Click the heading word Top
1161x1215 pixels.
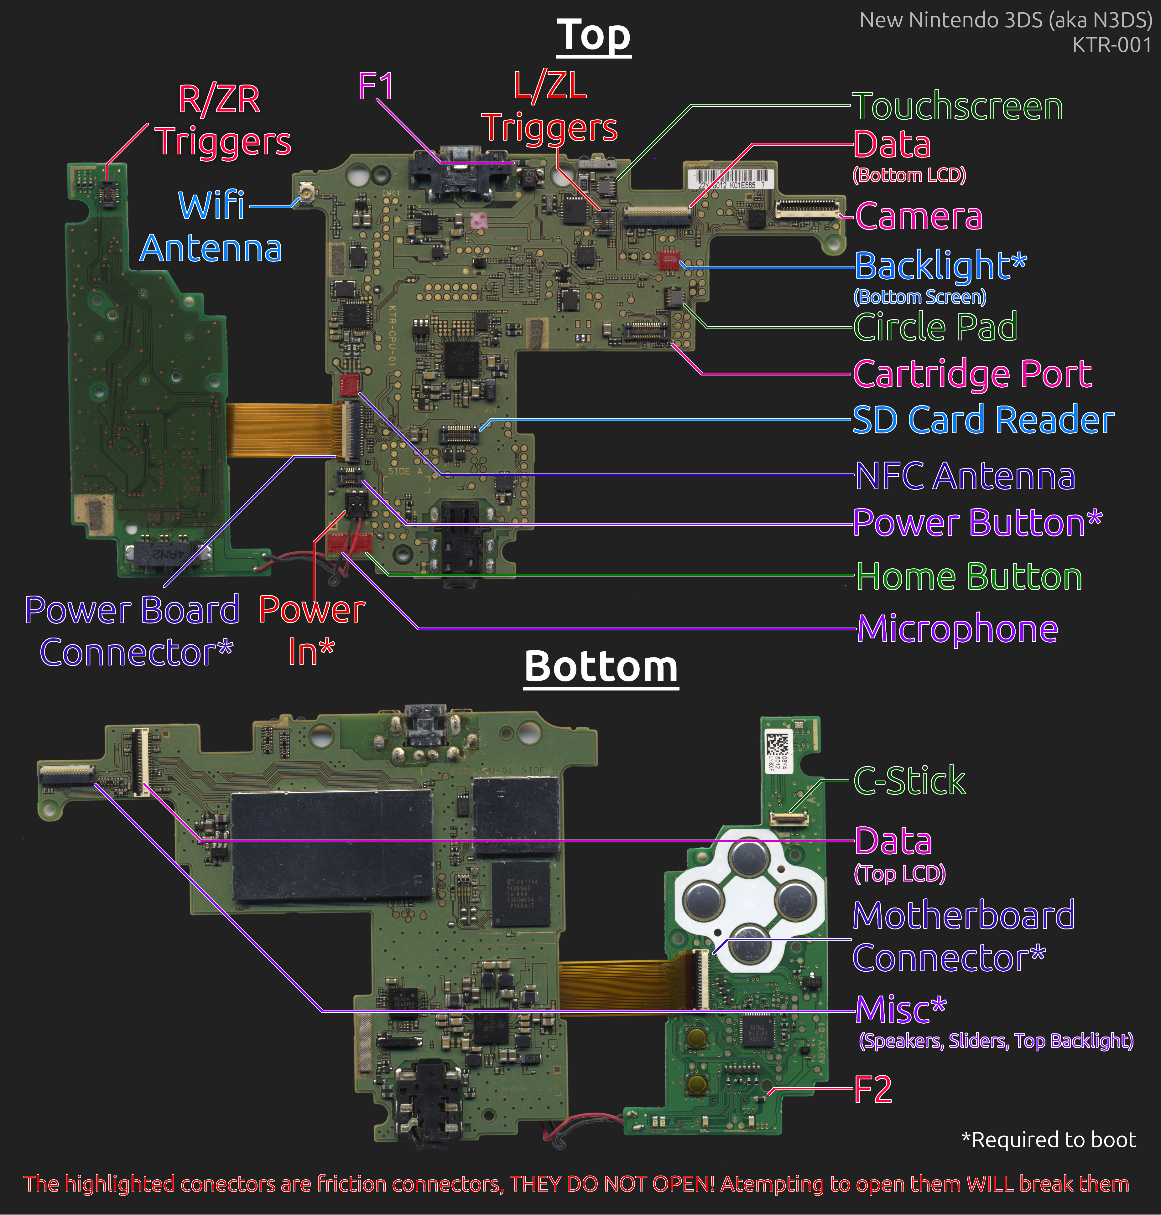(x=593, y=36)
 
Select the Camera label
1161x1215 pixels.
(x=919, y=216)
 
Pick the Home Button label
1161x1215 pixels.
(x=969, y=576)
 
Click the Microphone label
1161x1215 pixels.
(x=957, y=629)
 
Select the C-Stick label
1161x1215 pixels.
(x=909, y=781)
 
